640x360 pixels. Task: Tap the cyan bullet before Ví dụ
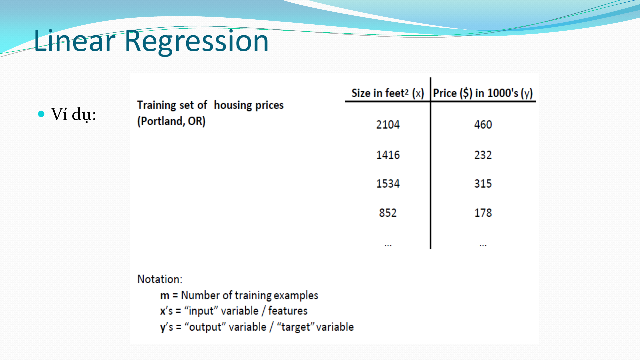point(41,114)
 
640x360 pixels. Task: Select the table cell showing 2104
point(388,125)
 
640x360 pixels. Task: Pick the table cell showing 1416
point(388,155)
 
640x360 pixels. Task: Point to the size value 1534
point(388,183)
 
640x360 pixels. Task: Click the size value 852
point(388,213)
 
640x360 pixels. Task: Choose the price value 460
point(483,125)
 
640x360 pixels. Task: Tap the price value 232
point(483,155)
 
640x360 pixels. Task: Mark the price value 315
point(483,183)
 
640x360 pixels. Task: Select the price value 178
point(483,213)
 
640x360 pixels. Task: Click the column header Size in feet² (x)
point(388,93)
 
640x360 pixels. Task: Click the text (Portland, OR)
point(171,121)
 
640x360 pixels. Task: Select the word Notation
point(160,279)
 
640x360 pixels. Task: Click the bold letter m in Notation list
point(165,296)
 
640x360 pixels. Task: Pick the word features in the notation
point(288,311)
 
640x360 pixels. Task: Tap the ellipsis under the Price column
point(483,245)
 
